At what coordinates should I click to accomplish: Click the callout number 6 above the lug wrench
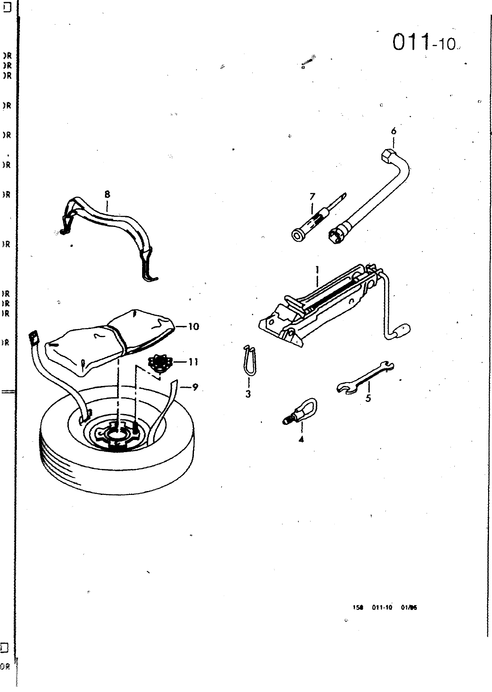click(x=394, y=131)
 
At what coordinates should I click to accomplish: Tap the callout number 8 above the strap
click(x=107, y=195)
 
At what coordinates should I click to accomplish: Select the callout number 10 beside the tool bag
click(x=194, y=327)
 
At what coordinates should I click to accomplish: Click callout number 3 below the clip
click(x=248, y=394)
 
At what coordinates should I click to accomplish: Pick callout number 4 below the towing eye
click(x=301, y=440)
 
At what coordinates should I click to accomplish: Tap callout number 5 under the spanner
click(x=368, y=398)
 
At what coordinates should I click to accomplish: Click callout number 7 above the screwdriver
click(x=312, y=197)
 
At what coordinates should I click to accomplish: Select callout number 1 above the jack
click(x=317, y=270)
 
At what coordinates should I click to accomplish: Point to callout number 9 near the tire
click(x=195, y=387)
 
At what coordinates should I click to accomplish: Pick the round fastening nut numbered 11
click(x=159, y=362)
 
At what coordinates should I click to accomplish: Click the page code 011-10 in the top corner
click(x=424, y=43)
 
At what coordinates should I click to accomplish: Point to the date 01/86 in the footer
click(x=409, y=607)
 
